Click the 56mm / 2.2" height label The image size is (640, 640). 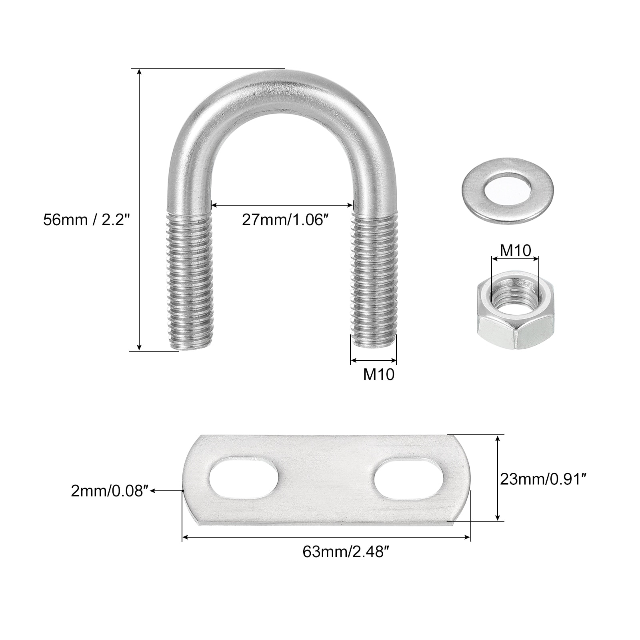coord(87,219)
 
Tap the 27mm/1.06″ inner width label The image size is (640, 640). coord(282,220)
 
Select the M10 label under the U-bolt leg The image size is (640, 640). coord(378,375)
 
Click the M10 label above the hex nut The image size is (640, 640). coord(515,250)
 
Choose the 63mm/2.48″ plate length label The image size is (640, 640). coord(346,552)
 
